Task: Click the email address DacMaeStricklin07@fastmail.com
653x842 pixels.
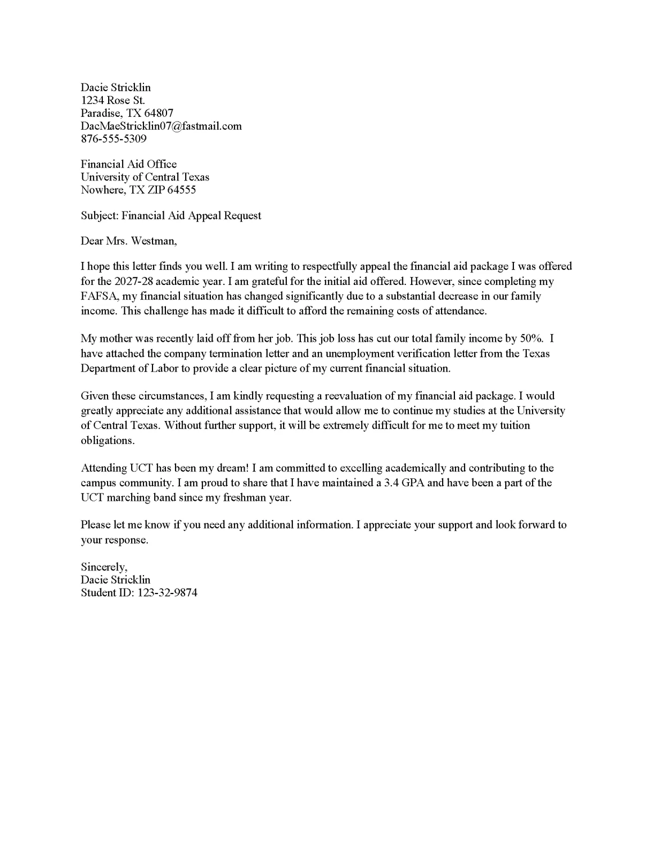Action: click(x=161, y=126)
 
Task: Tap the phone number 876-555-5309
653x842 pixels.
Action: click(x=113, y=139)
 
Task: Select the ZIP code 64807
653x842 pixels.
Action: click(x=158, y=114)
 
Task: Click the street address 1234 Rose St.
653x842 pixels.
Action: click(x=113, y=101)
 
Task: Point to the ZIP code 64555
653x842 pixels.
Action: click(x=181, y=190)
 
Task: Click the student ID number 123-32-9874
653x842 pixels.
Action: click(x=168, y=593)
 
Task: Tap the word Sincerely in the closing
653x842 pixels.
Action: click(x=104, y=567)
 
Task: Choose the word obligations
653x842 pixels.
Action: click(x=107, y=441)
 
